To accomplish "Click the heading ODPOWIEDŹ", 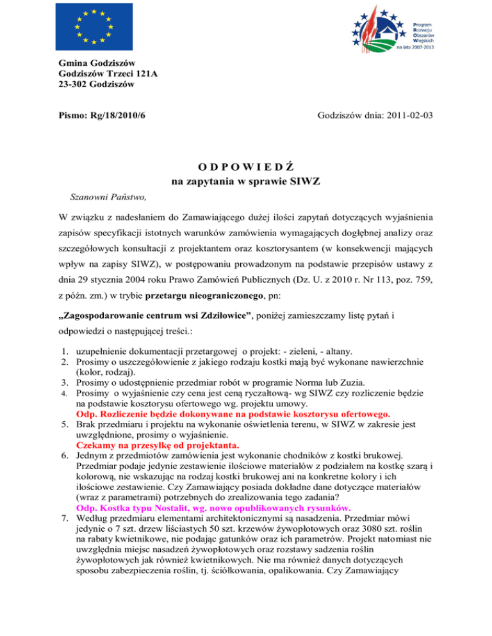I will (245, 167).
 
